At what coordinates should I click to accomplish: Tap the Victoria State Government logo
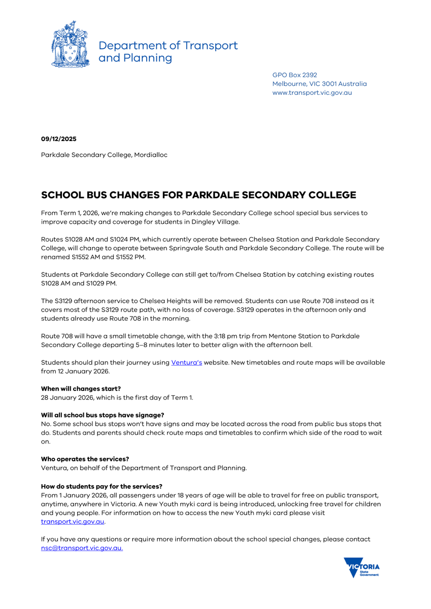pos(361,567)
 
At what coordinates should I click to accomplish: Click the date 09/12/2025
pos(59,139)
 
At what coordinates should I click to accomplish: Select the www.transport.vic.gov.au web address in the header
pos(312,93)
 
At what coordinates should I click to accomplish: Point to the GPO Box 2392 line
pos(294,75)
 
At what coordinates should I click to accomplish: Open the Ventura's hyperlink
pos(186,362)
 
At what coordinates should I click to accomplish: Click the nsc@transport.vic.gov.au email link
pos(82,548)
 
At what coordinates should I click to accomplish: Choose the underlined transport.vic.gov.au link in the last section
pos(73,521)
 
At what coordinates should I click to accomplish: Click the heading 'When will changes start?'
pos(81,389)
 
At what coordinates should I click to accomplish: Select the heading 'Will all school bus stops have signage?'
pos(103,415)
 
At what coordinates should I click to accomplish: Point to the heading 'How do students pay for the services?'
pos(102,486)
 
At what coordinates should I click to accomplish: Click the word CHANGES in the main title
pos(137,195)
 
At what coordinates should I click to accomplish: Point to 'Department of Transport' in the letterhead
pos(168,45)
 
